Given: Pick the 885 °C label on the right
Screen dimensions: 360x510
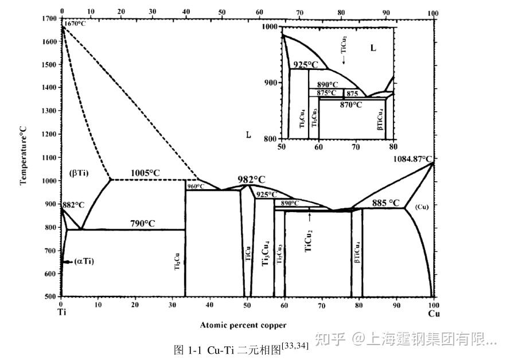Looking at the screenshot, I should (x=386, y=202).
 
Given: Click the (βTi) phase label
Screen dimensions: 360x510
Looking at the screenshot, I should (x=79, y=172).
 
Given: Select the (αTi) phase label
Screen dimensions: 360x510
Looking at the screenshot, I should (x=84, y=261).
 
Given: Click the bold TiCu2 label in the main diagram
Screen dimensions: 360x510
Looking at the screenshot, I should (x=309, y=241).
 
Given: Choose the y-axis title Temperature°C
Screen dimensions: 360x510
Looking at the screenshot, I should (x=24, y=156).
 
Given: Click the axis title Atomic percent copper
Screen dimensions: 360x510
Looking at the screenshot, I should (x=243, y=325).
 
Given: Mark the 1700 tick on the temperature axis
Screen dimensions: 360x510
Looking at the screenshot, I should (x=49, y=19).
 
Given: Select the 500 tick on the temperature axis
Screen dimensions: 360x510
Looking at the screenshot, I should (x=50, y=296).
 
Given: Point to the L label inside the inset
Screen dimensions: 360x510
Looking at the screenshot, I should (x=373, y=48).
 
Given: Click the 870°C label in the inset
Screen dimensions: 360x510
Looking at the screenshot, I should (x=351, y=105).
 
